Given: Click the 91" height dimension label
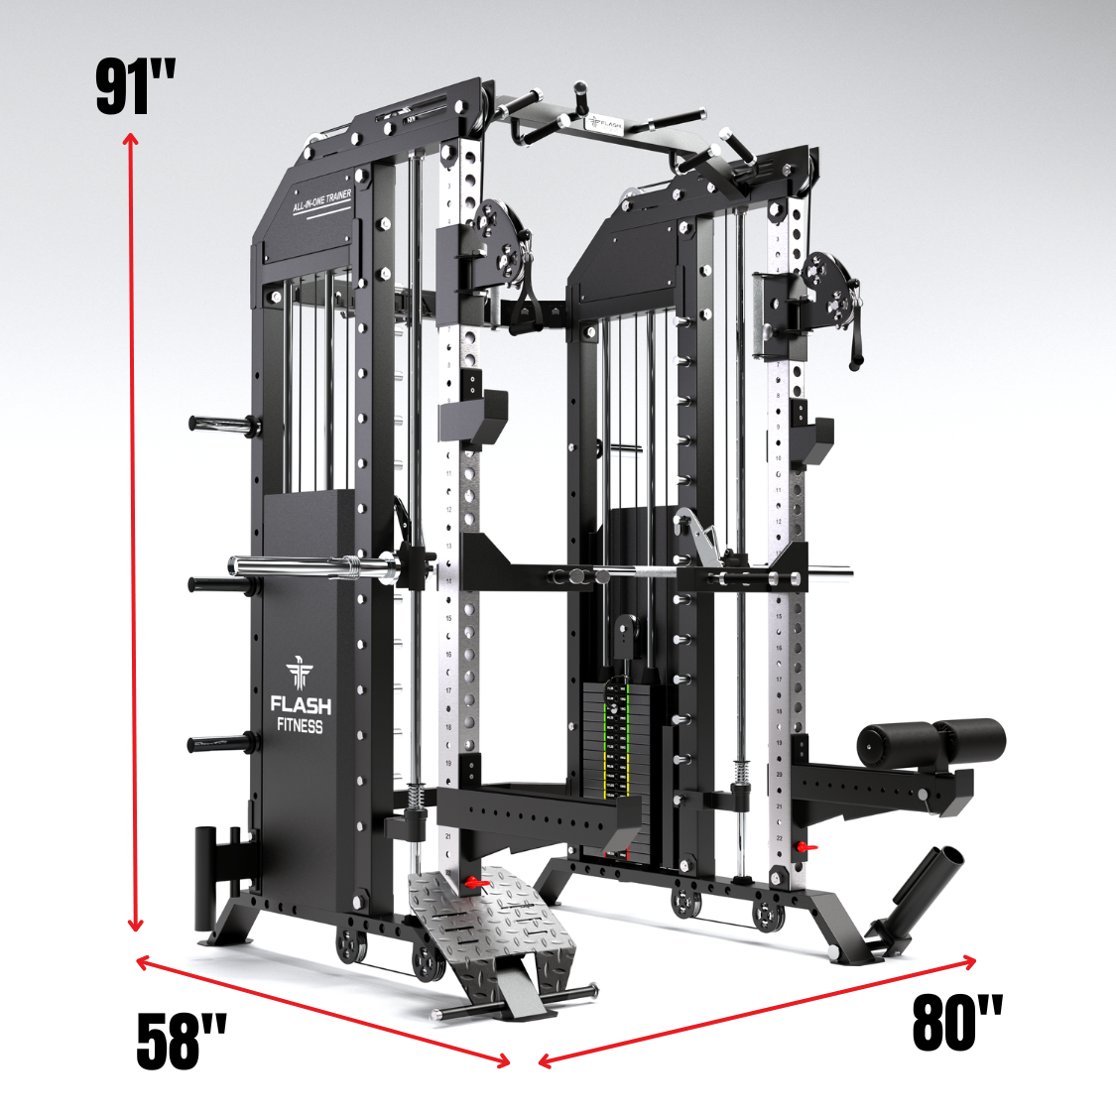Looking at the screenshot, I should pos(136,87).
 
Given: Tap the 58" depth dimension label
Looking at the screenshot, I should pos(182,1042).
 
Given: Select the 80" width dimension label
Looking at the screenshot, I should pos(957,1023).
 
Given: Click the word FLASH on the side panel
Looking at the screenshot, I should pos(301,705).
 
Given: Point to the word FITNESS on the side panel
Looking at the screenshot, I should pos(300,726).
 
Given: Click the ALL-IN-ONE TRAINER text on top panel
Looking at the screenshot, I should pos(321,201).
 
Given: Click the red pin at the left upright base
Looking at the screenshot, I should pos(476,882).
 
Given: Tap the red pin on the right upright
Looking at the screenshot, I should pos(807,846).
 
